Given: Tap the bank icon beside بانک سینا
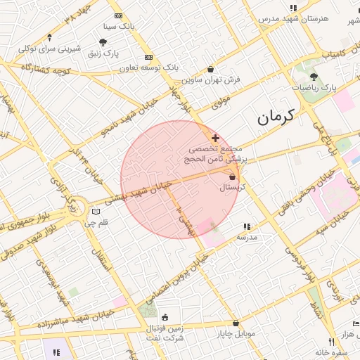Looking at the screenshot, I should click(x=117, y=15).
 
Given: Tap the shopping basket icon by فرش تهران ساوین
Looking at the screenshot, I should click(x=211, y=69).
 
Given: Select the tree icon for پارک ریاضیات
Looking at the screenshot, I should click(x=314, y=76).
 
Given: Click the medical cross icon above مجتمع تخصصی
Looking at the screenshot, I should click(x=215, y=138).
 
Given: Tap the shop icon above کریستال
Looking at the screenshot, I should click(x=232, y=176).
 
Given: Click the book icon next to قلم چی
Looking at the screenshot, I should click(x=96, y=212).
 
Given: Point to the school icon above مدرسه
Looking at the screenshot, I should click(x=247, y=226).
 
